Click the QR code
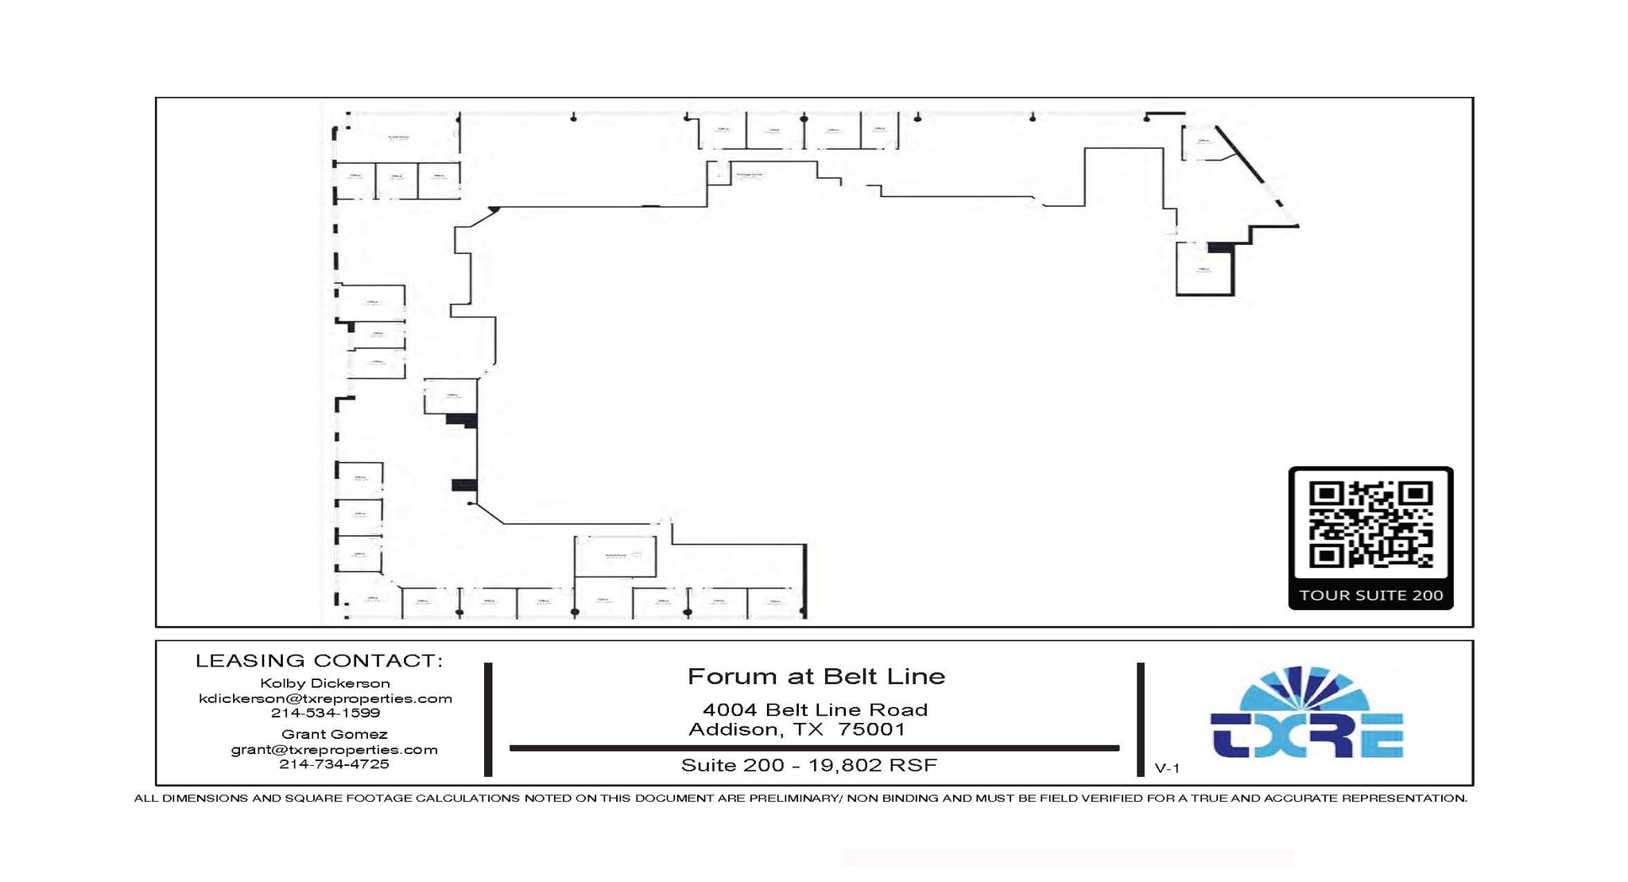coord(1370,524)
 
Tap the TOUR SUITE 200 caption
coord(1370,595)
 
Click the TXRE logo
coord(1306,713)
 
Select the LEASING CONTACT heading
coord(319,660)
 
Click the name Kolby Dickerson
coord(325,683)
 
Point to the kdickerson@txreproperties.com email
coord(325,698)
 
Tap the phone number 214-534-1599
coord(325,713)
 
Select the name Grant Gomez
coord(334,734)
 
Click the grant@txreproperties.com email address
coord(334,749)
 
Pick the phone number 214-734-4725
coord(334,763)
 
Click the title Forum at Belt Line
coord(816,676)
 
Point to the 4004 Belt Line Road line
coord(815,709)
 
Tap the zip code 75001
coord(872,729)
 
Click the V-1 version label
coord(1167,768)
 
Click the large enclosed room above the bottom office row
coord(615,556)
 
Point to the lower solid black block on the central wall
coord(464,485)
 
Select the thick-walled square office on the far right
coord(1204,269)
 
